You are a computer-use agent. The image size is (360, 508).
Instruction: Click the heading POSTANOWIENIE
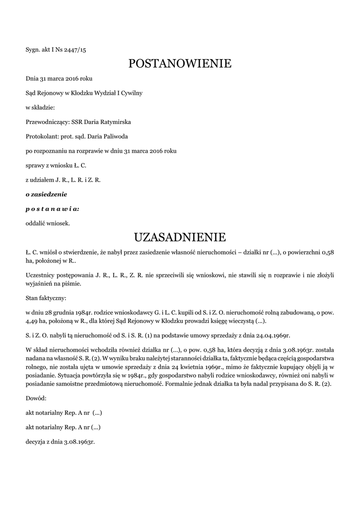(180, 63)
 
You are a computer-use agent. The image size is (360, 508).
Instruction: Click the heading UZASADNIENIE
(180, 236)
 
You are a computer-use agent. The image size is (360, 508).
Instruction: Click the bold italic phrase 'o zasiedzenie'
(46, 193)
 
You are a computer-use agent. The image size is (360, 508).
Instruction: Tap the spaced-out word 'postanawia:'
(52, 208)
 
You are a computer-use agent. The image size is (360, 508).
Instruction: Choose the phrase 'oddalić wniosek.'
(48, 223)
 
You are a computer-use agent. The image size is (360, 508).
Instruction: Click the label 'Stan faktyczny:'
(46, 299)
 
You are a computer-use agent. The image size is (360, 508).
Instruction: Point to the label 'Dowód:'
(36, 398)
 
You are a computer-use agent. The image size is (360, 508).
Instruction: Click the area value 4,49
(34, 321)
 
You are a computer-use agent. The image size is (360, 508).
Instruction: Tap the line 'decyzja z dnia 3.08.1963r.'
(60, 442)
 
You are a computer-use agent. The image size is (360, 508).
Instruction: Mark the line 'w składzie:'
(40, 107)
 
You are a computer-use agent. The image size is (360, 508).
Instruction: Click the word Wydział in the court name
(103, 93)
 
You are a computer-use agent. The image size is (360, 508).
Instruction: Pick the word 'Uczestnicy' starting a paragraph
(41, 275)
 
